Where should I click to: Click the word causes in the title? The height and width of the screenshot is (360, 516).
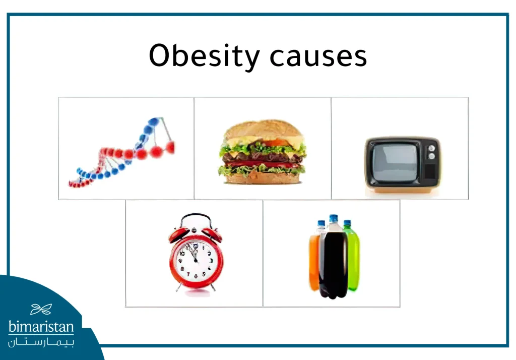[x=318, y=56]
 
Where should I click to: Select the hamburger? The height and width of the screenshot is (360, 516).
[x=263, y=151]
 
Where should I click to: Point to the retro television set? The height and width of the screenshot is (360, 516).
[x=402, y=165]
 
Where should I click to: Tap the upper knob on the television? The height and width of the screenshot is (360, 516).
[x=431, y=148]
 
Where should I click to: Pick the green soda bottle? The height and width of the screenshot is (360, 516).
[x=352, y=257]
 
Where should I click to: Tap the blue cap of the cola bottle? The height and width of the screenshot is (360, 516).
[x=333, y=219]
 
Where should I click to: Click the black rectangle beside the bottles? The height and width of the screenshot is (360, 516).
[x=451, y=264]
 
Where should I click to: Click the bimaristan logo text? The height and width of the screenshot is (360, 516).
[x=41, y=327]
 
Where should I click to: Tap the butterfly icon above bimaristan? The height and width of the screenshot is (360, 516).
[x=41, y=309]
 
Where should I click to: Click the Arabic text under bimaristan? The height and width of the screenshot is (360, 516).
[x=41, y=342]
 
